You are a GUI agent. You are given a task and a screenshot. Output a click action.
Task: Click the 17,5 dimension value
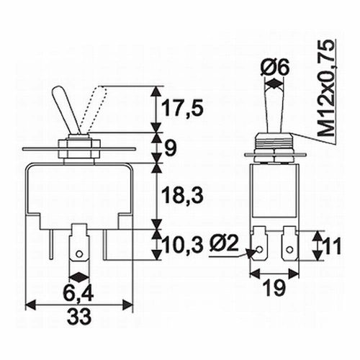click(182, 108)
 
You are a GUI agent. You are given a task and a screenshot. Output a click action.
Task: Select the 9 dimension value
click(171, 148)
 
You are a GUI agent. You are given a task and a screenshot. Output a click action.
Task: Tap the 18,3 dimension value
click(182, 194)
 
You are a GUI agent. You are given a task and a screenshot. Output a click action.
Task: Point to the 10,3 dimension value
click(182, 245)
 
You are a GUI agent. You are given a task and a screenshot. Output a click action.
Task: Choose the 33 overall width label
click(79, 316)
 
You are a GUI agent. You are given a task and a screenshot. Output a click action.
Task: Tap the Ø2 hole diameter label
click(225, 243)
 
